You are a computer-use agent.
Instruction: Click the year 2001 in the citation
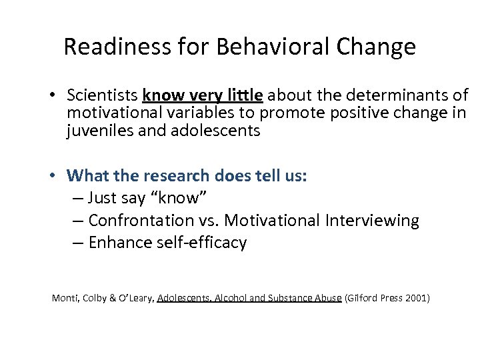pyautogui.click(x=415, y=298)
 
